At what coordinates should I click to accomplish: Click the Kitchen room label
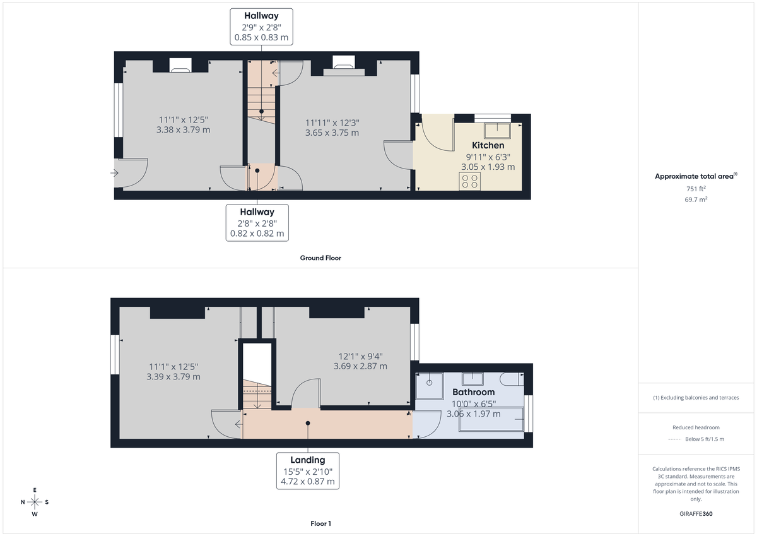pos(488,145)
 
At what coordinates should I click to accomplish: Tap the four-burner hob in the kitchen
pos(469,181)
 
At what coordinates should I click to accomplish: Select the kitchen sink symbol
pos(496,131)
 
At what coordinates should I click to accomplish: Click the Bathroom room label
pos(473,392)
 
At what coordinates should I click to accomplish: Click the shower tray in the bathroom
pos(429,386)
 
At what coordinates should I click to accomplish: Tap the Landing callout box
pos(308,470)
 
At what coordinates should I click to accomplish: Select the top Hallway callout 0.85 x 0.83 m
pos(261,27)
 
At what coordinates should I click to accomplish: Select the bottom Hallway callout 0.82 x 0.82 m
pos(257,222)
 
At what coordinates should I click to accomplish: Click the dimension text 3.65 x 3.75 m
pos(332,133)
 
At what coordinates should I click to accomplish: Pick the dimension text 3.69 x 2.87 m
pos(360,366)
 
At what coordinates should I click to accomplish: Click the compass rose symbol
pos(35,502)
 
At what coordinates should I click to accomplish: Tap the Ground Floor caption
pos(320,258)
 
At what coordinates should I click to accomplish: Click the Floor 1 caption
pos(320,523)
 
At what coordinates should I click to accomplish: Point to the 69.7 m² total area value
pos(696,199)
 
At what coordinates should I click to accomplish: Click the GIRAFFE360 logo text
pos(696,514)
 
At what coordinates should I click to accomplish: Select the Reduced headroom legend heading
pos(696,427)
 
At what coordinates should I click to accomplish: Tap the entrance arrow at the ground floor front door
pos(115,173)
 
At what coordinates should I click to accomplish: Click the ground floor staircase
pos(259,98)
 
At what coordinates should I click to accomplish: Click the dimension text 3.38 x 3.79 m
pos(183,129)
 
